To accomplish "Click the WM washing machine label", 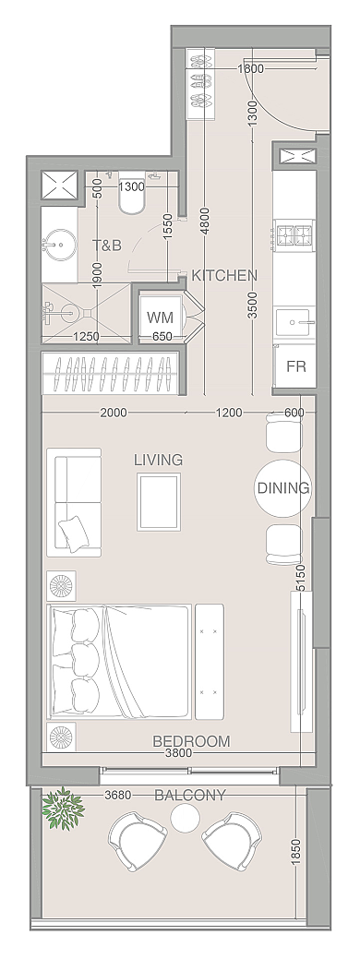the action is (160, 318).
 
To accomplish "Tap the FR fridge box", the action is (295, 366).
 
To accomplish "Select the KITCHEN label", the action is (224, 275).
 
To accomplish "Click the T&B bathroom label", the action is (107, 246).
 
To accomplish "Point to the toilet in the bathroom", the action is (131, 197).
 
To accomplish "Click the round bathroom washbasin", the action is (59, 245).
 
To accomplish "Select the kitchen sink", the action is (294, 322).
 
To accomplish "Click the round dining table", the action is (283, 487).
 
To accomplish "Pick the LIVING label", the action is (158, 460).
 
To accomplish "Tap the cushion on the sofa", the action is (72, 533).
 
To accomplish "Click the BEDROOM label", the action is (191, 741).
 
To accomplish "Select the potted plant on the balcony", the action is (63, 808).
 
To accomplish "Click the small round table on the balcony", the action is (186, 817).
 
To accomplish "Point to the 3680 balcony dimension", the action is (118, 796).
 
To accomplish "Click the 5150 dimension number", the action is (299, 578).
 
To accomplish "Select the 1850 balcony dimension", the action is (295, 851).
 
